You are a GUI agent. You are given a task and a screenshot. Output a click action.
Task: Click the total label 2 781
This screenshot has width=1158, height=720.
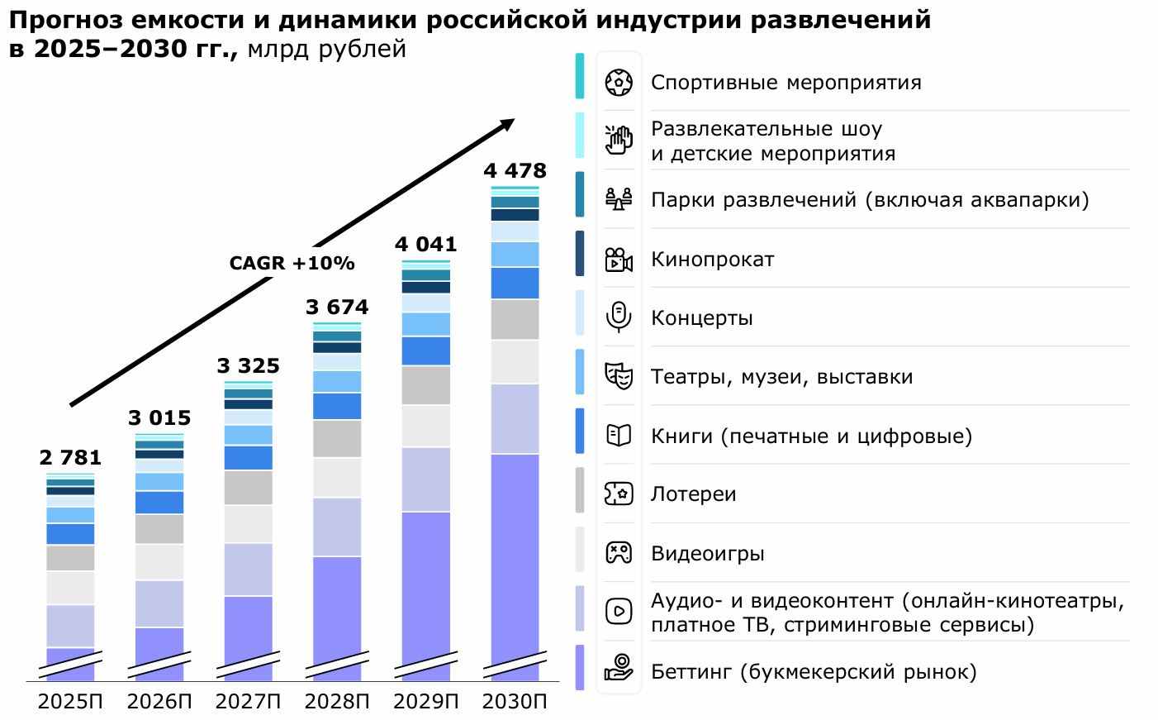tap(70, 458)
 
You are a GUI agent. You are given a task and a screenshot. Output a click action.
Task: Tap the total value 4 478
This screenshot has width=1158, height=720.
tap(515, 171)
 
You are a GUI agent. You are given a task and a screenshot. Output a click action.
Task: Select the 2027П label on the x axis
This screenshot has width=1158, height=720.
tap(248, 702)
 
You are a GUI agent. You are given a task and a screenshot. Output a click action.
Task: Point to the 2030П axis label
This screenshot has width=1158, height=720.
tap(515, 702)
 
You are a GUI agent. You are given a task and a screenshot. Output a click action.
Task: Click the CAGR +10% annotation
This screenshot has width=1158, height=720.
tap(292, 264)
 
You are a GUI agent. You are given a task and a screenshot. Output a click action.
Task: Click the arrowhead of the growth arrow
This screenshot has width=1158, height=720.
tap(506, 125)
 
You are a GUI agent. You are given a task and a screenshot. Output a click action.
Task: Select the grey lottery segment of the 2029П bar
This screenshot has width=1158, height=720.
tap(426, 385)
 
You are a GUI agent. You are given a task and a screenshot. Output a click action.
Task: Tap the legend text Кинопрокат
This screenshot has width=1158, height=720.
tap(712, 260)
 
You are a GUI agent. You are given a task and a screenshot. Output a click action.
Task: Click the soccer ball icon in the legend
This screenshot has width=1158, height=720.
tap(619, 83)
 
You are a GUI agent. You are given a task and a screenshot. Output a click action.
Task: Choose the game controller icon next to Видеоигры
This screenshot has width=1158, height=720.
tap(619, 552)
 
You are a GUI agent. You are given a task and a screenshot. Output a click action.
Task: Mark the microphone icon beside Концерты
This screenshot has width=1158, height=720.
tap(619, 317)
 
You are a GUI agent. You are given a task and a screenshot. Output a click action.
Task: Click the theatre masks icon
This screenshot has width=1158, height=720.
tap(619, 376)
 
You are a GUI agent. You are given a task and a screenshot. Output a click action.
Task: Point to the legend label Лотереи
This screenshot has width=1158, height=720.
tap(693, 494)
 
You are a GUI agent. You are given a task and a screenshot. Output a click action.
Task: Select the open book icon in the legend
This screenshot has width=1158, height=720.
tap(619, 435)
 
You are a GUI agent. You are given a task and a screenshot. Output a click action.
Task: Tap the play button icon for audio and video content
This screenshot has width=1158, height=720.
tap(619, 611)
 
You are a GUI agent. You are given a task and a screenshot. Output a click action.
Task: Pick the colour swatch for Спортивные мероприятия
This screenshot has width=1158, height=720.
tap(580, 76)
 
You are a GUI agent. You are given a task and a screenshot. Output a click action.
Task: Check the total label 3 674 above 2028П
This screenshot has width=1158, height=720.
tap(337, 308)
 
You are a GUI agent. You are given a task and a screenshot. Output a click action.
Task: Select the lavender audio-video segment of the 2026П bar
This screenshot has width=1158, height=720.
tap(159, 603)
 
